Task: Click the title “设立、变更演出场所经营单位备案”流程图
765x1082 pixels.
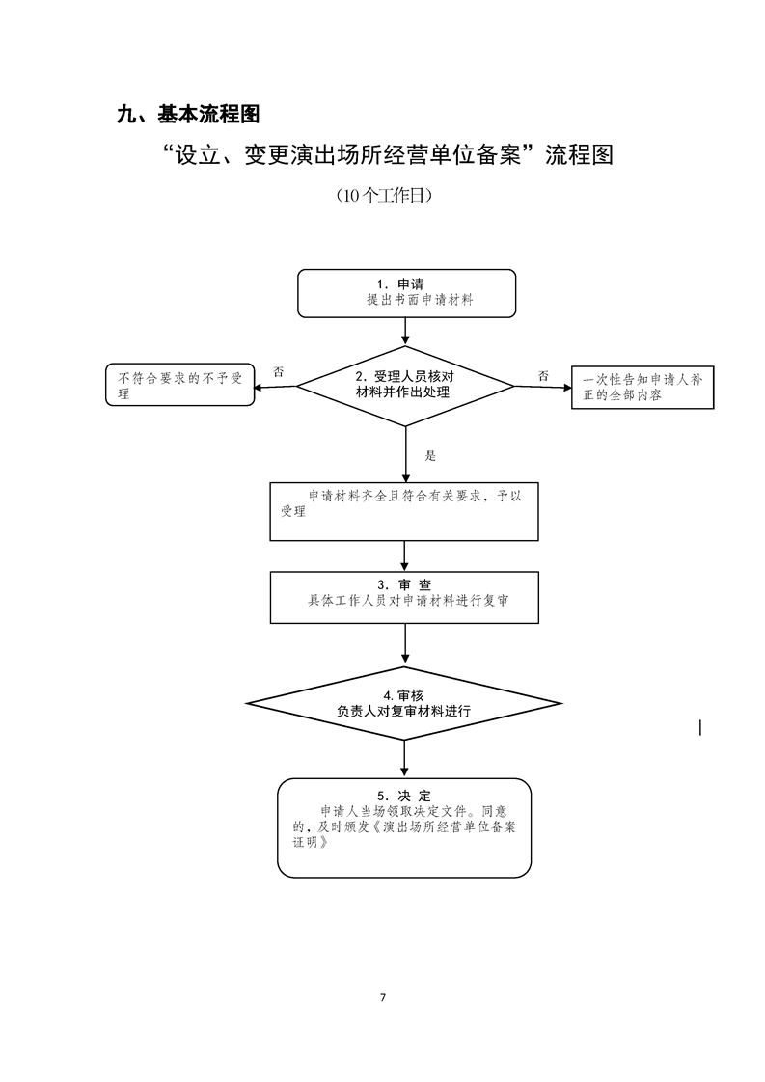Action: (x=390, y=155)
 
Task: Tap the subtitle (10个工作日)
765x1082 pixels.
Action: (x=383, y=196)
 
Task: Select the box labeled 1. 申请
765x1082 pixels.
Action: (x=405, y=293)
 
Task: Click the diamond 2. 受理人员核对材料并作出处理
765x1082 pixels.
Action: (x=405, y=385)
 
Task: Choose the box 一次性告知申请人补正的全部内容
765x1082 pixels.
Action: (x=642, y=388)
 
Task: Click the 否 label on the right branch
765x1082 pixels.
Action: (x=544, y=375)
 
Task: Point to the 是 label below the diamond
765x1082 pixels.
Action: (x=430, y=455)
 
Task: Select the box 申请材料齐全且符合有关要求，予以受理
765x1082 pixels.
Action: (x=404, y=511)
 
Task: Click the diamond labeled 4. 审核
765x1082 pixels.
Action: (x=404, y=703)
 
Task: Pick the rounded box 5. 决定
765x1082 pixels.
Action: (x=404, y=826)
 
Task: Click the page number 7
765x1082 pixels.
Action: (x=383, y=997)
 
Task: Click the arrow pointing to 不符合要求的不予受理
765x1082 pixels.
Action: (x=275, y=387)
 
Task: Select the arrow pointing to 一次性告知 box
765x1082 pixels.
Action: (x=542, y=388)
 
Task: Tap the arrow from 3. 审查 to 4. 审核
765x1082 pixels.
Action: (x=405, y=644)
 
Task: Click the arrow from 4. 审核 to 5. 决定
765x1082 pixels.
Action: (x=405, y=759)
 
